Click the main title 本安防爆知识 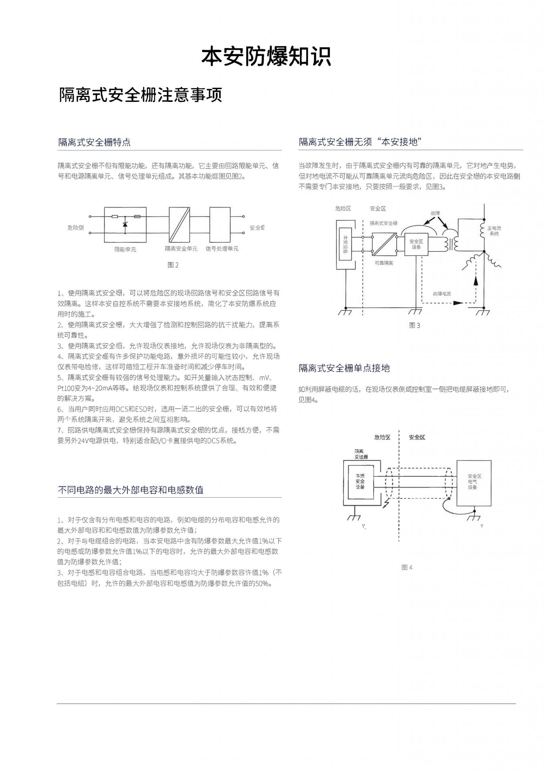(x=266, y=57)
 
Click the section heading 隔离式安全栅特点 (x=94, y=142)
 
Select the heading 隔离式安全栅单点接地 (x=344, y=368)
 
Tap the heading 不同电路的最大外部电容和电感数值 (x=130, y=490)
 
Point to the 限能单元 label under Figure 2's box (x=125, y=249)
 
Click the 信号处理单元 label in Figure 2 (x=222, y=249)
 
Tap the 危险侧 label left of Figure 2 (x=75, y=228)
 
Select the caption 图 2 (x=173, y=265)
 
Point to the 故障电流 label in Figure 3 (x=441, y=294)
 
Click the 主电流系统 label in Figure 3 (x=494, y=231)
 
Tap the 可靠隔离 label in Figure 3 (x=384, y=263)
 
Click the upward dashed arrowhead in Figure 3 (x=476, y=280)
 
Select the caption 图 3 (x=415, y=325)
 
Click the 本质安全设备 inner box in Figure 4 (x=360, y=481)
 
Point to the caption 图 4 (x=406, y=567)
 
